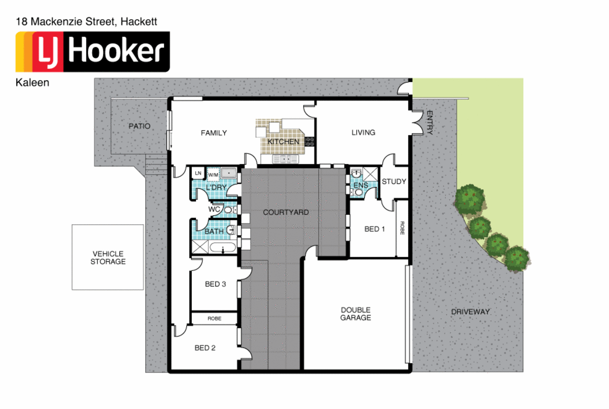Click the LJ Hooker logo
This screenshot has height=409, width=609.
(x=93, y=51)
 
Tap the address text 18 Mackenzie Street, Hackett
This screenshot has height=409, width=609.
(x=87, y=22)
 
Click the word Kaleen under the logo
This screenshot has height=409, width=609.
(x=33, y=83)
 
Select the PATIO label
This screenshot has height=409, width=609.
(x=139, y=126)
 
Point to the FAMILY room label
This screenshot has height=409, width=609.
(x=214, y=133)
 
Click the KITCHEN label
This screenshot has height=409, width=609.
(x=283, y=142)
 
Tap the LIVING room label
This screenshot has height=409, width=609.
(x=363, y=132)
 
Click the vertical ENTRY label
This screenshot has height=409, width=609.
(x=429, y=122)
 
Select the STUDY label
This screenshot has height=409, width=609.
(x=394, y=181)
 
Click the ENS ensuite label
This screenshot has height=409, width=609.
(x=360, y=185)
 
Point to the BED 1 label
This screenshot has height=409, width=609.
(x=375, y=229)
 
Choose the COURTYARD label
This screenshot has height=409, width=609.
(x=285, y=212)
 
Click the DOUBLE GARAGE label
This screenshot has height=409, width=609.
(x=355, y=314)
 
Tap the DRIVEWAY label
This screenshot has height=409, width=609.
(x=470, y=312)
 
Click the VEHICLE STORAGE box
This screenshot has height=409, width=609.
(x=108, y=257)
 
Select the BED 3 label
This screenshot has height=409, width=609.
(x=215, y=284)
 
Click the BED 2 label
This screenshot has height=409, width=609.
(x=205, y=348)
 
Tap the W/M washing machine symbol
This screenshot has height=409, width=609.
(x=213, y=174)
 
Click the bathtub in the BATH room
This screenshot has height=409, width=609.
(x=223, y=248)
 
